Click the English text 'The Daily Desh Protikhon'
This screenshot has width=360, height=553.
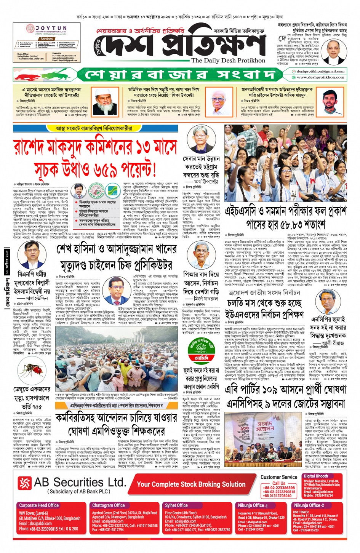pyautogui.click(x=228, y=60)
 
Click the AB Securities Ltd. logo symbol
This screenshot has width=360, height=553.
pyautogui.click(x=24, y=483)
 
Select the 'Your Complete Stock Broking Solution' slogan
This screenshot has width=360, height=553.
pyautogui.click(x=191, y=484)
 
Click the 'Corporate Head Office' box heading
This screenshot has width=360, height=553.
pyautogui.click(x=39, y=505)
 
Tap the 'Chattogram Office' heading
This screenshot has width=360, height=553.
pyautogui.click(x=108, y=505)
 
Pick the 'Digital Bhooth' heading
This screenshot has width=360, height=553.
pyautogui.click(x=315, y=476)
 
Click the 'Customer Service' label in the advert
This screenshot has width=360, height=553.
pyautogui.click(x=279, y=477)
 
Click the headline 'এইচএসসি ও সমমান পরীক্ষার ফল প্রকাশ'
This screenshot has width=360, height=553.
pyautogui.click(x=285, y=211)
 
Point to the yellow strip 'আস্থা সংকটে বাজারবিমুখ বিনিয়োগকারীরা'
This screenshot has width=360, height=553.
pyautogui.click(x=94, y=129)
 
